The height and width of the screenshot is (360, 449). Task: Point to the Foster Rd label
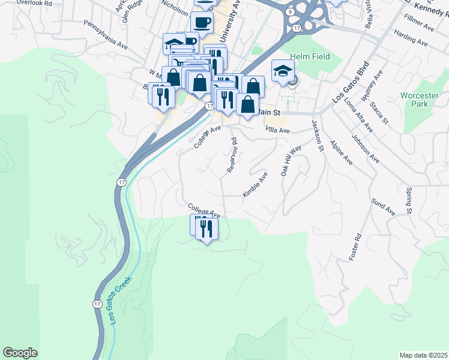(356, 246)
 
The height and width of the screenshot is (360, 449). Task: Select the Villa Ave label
(278, 130)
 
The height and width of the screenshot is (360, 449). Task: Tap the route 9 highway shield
(291, 11)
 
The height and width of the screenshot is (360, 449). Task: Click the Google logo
(20, 353)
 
